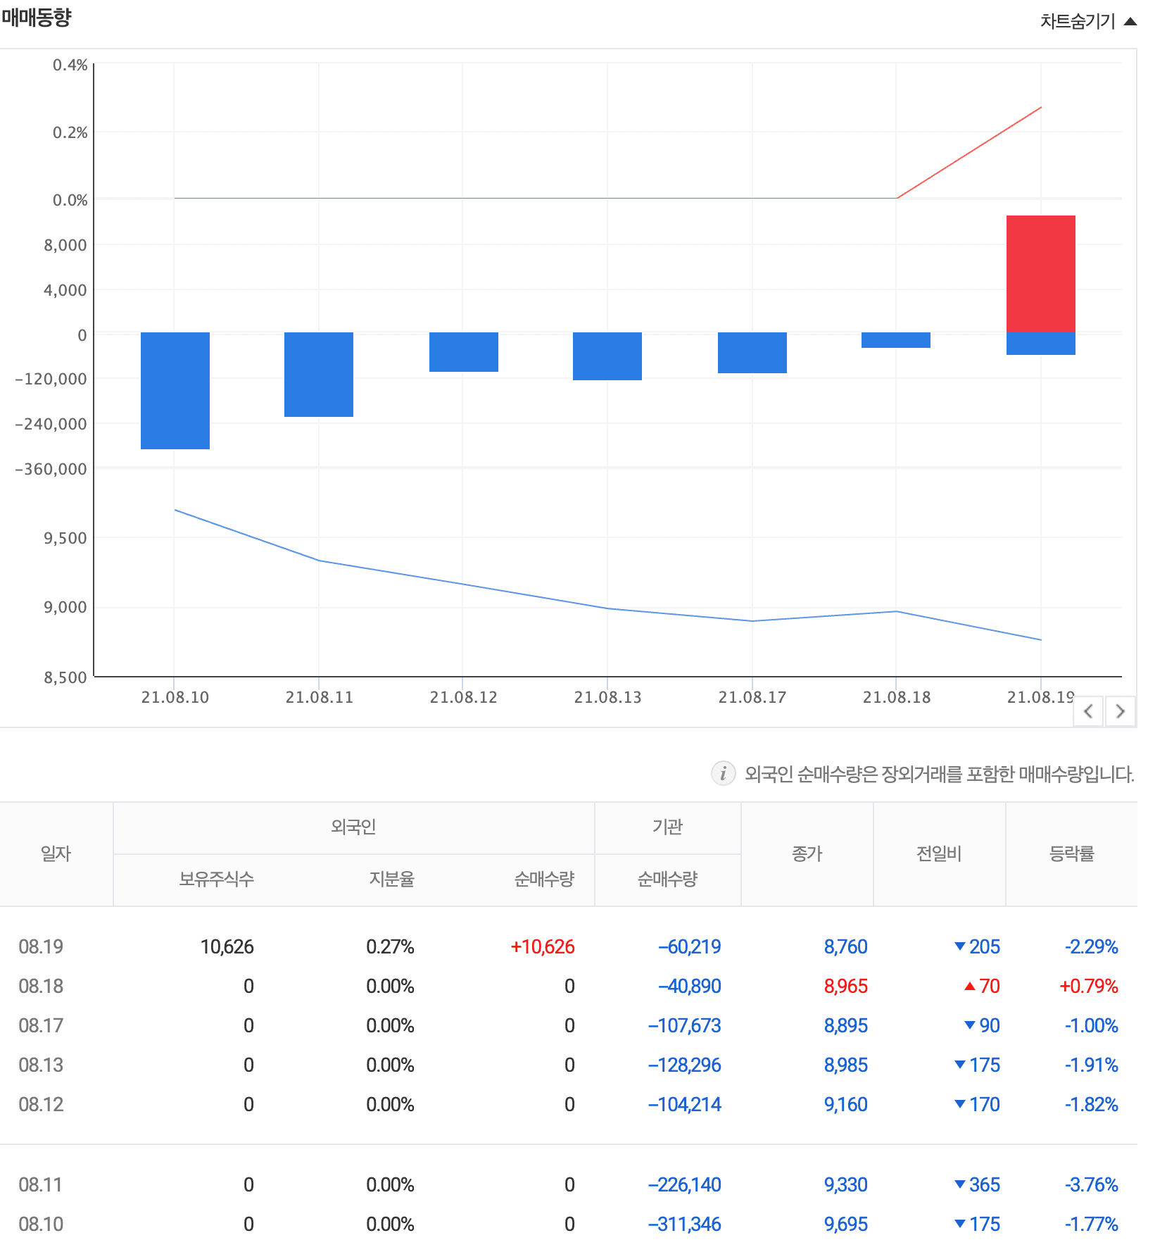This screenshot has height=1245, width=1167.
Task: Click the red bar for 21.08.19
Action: tap(1040, 273)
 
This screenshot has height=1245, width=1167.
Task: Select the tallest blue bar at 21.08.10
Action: tap(175, 390)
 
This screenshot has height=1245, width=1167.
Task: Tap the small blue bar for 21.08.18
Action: tap(895, 340)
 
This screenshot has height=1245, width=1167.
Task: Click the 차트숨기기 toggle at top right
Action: tap(1087, 22)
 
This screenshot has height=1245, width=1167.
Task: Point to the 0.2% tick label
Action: tap(70, 132)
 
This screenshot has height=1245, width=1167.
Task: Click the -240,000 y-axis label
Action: tap(51, 424)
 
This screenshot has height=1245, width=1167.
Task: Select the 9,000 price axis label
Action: tap(65, 607)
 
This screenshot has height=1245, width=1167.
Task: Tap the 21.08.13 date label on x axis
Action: tap(607, 697)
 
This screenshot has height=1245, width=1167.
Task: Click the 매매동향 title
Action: tap(37, 17)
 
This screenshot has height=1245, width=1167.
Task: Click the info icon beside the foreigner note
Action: tap(723, 773)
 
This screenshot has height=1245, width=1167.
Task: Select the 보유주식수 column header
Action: tap(216, 879)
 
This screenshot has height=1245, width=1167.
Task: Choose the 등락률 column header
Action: tap(1071, 853)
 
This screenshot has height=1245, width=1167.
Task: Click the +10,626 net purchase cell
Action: tap(542, 946)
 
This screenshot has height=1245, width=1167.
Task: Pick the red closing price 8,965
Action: tap(845, 986)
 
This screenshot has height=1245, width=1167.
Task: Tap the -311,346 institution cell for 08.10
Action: tap(684, 1224)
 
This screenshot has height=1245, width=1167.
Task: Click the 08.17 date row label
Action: tap(41, 1025)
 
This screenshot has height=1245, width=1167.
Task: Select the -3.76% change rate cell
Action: tap(1091, 1184)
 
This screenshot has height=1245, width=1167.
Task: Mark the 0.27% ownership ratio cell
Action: tap(389, 946)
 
